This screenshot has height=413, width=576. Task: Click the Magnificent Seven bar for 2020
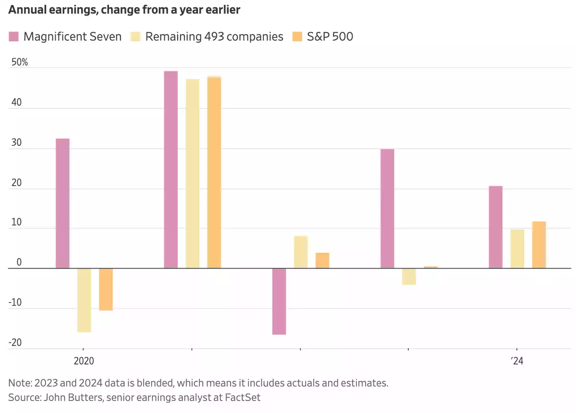click(x=62, y=203)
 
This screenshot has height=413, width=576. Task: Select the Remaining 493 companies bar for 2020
click(x=84, y=300)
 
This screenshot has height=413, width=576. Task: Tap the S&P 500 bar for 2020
click(x=106, y=289)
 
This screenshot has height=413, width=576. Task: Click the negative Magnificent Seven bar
click(x=279, y=301)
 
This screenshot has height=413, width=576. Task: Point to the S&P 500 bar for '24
click(x=539, y=245)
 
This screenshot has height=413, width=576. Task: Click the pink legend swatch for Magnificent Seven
click(x=13, y=36)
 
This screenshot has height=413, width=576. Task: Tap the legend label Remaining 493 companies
click(x=214, y=36)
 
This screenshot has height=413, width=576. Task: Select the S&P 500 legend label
click(x=330, y=36)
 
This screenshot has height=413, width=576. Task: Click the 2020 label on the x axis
click(x=84, y=361)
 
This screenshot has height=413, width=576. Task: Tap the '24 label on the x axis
click(x=516, y=361)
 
